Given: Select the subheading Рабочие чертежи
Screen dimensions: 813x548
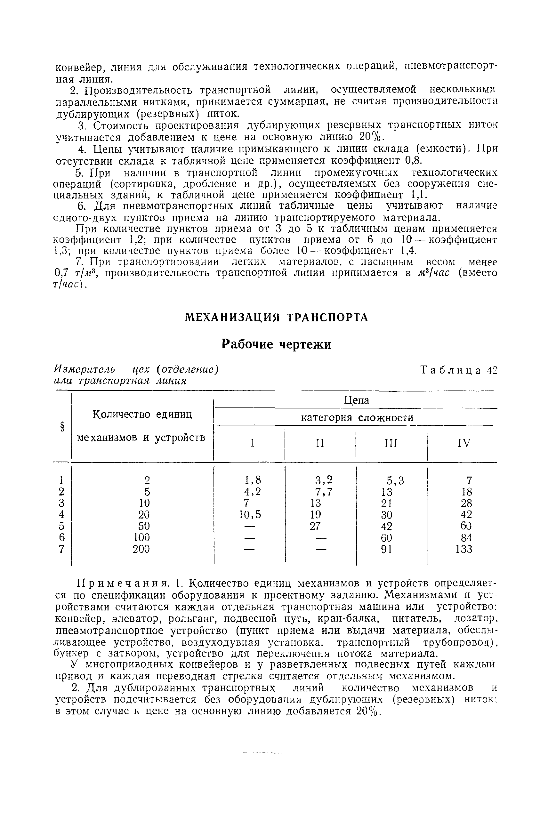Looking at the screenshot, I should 277,344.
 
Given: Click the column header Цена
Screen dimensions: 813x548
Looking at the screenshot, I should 357,400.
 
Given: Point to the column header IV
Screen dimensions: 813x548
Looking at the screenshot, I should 464,443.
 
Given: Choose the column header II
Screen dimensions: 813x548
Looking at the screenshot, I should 320,443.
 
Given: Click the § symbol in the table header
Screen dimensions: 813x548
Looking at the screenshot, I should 62,427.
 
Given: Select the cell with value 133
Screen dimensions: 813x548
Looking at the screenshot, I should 464,550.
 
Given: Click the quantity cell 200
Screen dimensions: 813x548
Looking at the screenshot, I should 141,549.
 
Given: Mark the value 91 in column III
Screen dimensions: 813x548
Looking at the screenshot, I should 386,550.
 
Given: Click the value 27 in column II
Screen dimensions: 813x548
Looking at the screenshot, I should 315,526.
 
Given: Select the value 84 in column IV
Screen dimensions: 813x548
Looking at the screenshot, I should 466,538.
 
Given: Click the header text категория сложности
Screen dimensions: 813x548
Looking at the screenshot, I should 357,418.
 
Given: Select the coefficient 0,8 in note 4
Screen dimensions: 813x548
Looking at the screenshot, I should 414,161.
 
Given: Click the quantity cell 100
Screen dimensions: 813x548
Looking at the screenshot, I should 141,537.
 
